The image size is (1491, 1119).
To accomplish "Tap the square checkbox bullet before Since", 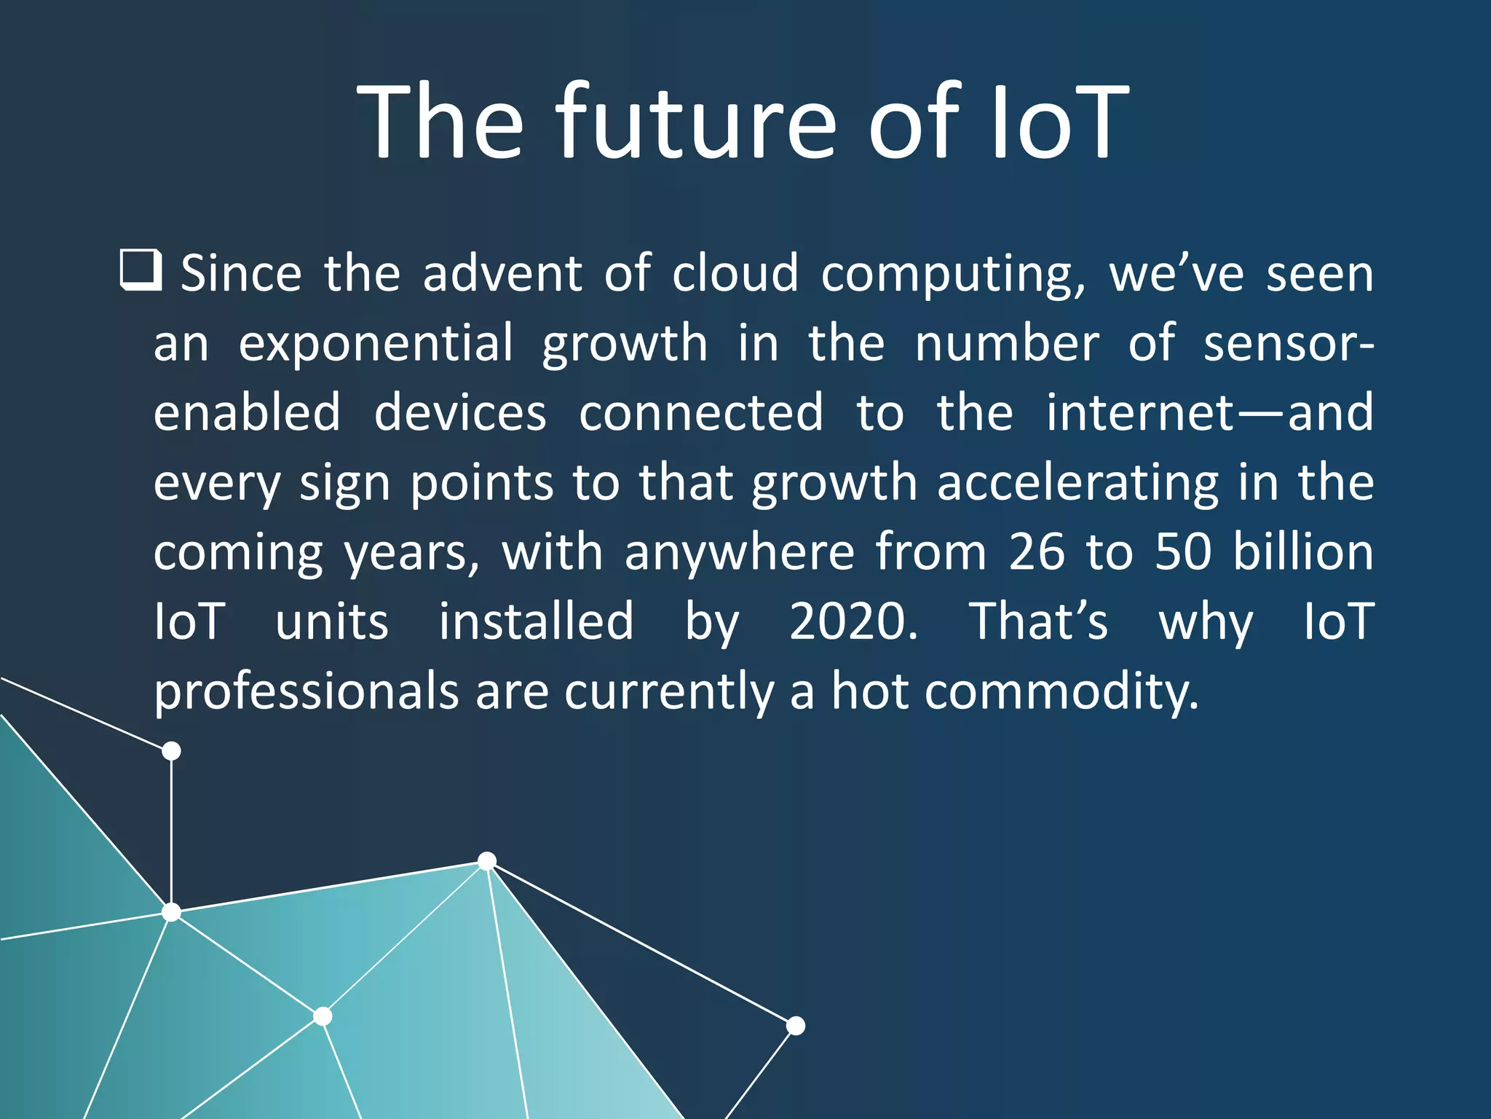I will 140,270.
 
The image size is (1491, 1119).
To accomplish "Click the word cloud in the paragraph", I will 735,274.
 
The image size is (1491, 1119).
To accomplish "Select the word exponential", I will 376,345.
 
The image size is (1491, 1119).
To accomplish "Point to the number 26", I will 1036,551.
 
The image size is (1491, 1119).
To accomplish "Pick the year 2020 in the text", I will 853,621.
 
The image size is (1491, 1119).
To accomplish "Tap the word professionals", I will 306,691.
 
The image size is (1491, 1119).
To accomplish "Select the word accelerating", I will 1077,483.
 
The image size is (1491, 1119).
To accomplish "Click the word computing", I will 953,275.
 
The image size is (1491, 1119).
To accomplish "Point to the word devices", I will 459,413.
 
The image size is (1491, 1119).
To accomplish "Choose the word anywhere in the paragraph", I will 739,553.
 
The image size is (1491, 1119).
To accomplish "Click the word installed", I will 536,621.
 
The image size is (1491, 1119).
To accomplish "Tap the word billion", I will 1302,551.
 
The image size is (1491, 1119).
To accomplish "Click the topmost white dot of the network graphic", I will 171,750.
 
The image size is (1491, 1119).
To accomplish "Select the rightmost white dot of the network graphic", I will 796,1026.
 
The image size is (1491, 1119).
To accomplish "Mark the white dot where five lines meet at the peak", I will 487,861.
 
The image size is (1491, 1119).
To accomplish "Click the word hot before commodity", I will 870,691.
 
